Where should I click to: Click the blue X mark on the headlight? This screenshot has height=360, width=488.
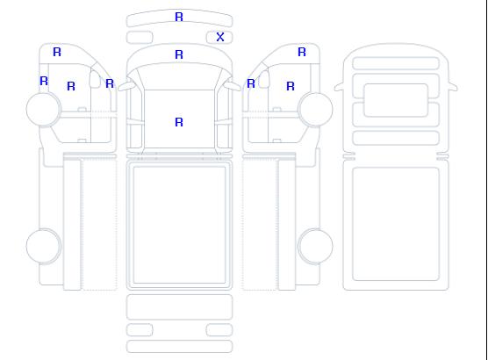(220, 37)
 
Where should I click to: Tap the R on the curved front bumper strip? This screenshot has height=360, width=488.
(179, 17)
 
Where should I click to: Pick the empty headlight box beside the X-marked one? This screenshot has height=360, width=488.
(140, 38)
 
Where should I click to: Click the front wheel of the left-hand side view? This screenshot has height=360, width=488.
(44, 109)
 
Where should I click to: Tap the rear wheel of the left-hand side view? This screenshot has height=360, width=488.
(44, 246)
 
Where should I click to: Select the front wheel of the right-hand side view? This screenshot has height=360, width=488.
(315, 109)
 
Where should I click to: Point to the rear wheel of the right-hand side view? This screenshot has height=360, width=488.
(315, 246)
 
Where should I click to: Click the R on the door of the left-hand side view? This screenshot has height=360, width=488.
(71, 86)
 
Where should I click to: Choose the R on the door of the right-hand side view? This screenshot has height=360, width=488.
(291, 86)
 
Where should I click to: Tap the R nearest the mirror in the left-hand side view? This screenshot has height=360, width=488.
(110, 83)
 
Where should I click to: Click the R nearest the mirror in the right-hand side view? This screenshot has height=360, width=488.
(251, 83)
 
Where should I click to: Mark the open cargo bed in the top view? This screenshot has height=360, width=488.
(179, 225)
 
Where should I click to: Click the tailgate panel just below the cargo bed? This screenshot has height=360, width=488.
(179, 307)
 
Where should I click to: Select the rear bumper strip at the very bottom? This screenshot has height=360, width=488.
(179, 347)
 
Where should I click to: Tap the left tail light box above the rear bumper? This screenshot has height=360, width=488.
(140, 330)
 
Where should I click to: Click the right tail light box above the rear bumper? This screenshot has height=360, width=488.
(219, 330)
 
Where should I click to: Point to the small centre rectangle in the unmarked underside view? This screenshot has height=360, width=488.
(396, 100)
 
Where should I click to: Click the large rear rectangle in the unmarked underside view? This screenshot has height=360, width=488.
(396, 224)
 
